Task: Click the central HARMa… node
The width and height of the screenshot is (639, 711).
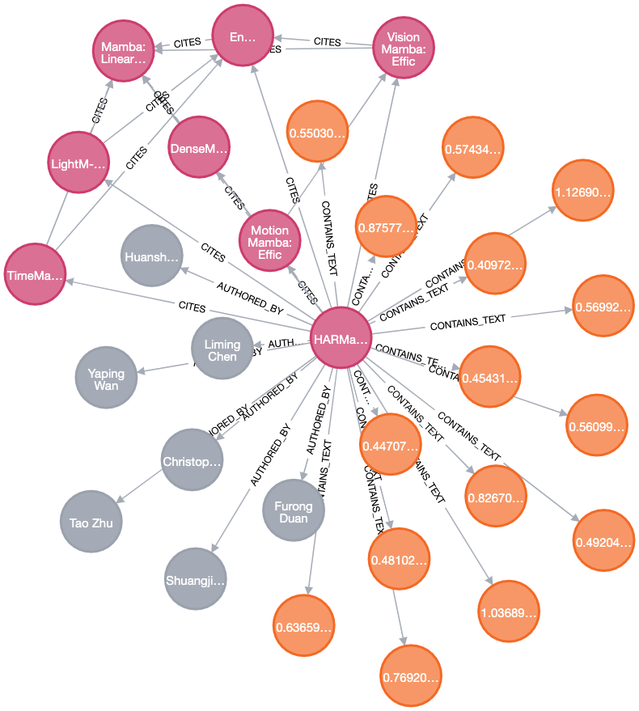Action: (341, 339)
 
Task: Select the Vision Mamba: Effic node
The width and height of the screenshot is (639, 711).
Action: (403, 49)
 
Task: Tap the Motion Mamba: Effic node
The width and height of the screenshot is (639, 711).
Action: (269, 242)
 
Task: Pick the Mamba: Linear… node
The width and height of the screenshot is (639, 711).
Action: (123, 49)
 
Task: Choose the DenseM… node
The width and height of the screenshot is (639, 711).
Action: (199, 148)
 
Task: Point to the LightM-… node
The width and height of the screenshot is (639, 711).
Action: (78, 163)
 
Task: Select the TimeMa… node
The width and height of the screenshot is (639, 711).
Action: (35, 275)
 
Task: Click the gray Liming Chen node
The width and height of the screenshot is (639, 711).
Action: (222, 349)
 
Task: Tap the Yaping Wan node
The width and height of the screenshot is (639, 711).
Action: (106, 379)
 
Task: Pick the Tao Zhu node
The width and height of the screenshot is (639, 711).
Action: (91, 523)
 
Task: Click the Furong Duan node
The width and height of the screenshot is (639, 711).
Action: (293, 511)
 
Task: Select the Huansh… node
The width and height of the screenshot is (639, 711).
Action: (151, 256)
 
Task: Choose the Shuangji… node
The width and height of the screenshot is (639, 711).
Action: (194, 579)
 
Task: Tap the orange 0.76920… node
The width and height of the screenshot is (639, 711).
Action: (411, 676)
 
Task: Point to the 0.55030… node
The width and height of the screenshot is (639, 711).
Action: (317, 132)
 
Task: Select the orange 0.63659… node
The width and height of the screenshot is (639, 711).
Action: (303, 627)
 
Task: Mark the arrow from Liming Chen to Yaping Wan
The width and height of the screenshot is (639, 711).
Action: (164, 369)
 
